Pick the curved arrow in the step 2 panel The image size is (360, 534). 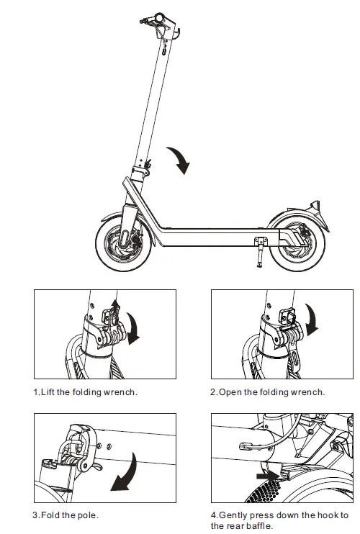coord(312,320)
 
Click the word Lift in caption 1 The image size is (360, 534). coord(50,392)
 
